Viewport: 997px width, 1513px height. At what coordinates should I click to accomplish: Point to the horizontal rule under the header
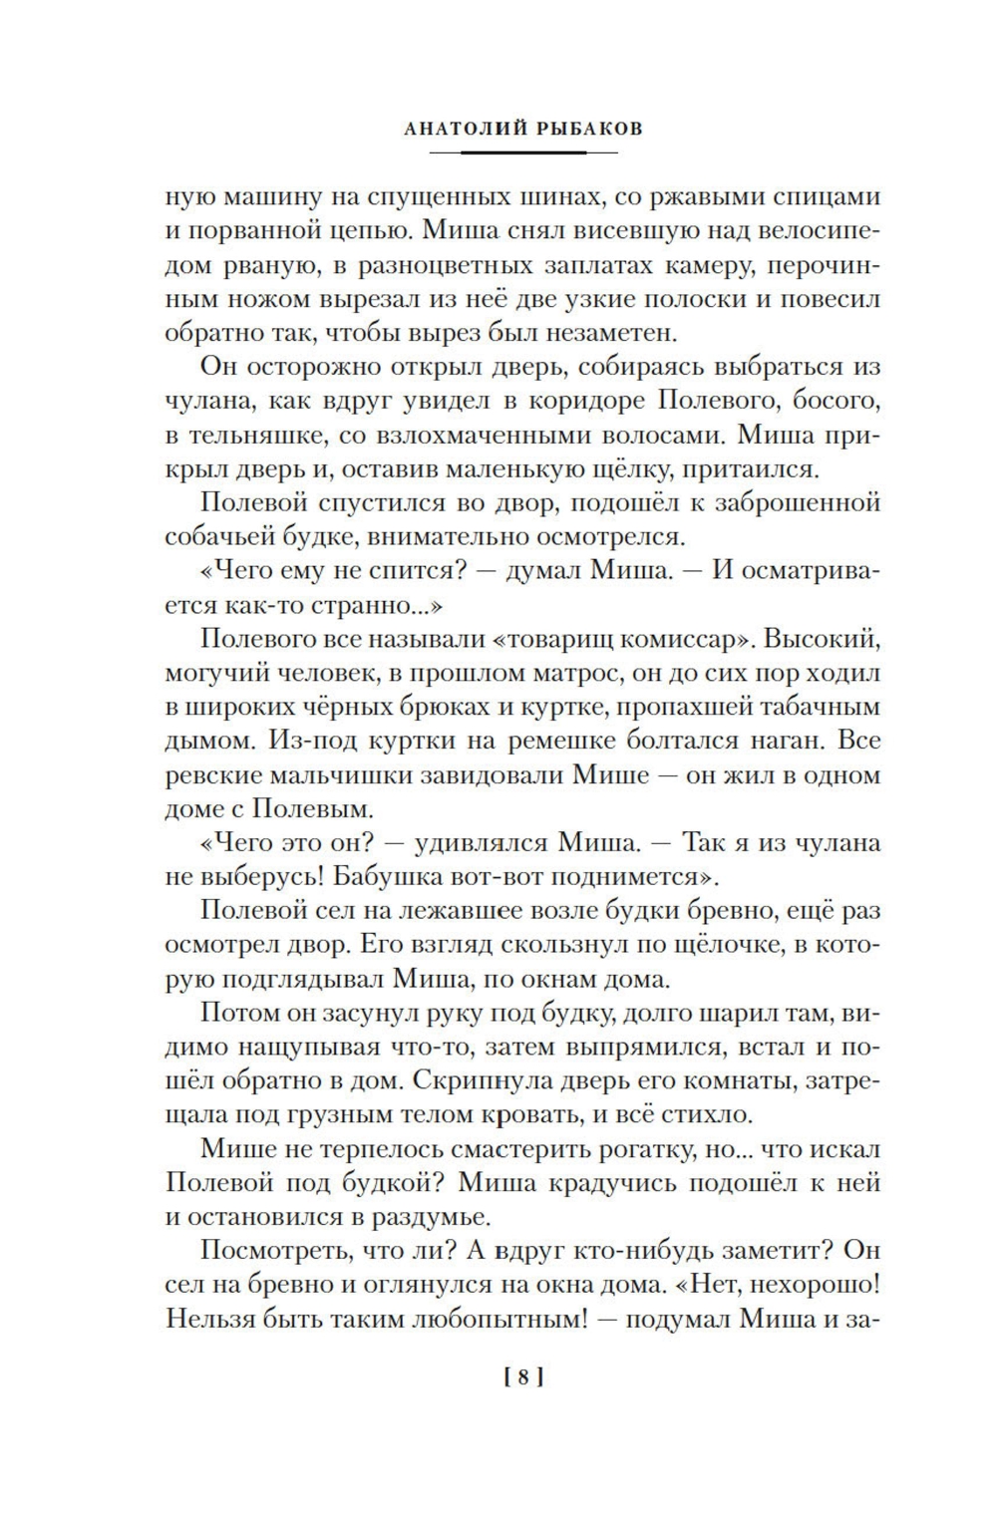(523, 152)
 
